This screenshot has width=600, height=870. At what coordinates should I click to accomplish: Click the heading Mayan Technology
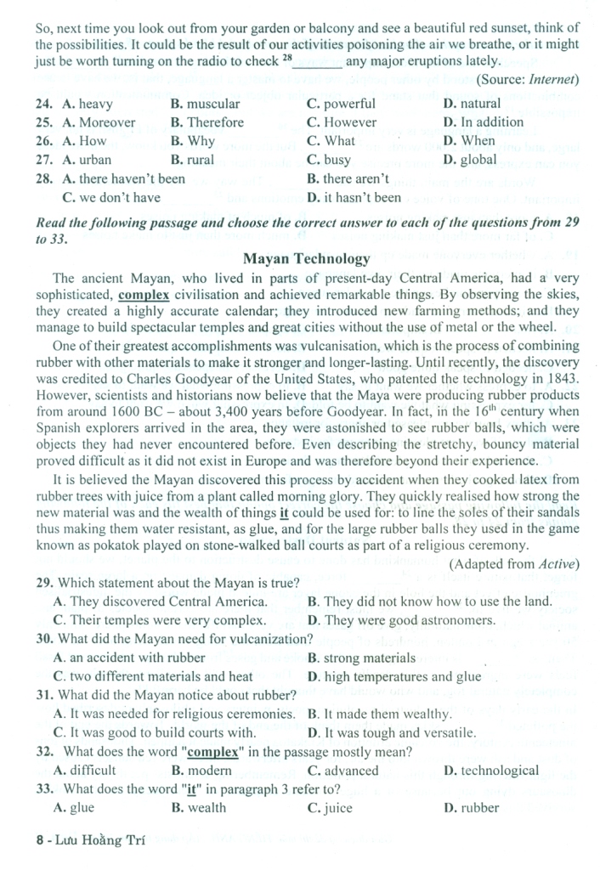[306, 259]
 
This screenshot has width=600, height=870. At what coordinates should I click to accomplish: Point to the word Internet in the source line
[553, 80]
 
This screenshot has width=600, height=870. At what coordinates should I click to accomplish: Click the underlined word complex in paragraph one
[144, 296]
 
